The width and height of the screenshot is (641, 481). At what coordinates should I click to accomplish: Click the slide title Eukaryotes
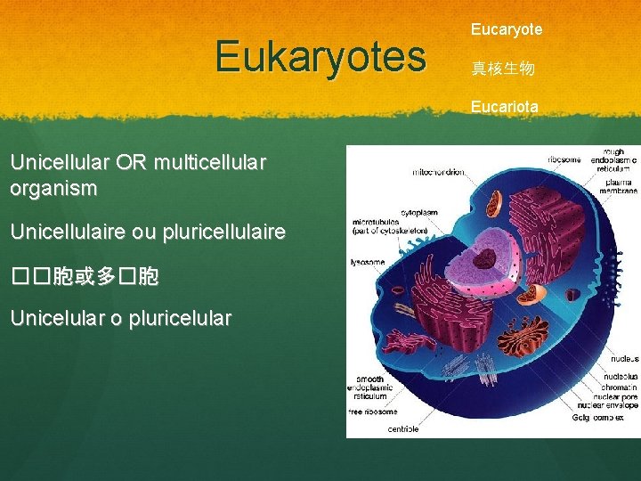320,56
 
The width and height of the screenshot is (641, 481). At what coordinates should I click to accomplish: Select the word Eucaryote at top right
506,29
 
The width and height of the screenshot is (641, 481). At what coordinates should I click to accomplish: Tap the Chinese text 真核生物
503,69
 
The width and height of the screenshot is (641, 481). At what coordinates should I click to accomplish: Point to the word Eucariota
505,106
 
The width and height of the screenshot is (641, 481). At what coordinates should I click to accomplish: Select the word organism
53,189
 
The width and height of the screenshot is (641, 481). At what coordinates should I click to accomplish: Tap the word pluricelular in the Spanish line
182,317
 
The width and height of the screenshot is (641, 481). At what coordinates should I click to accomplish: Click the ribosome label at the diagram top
564,159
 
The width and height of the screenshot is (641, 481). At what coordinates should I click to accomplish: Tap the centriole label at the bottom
402,428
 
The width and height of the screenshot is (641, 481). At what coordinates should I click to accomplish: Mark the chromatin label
619,387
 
